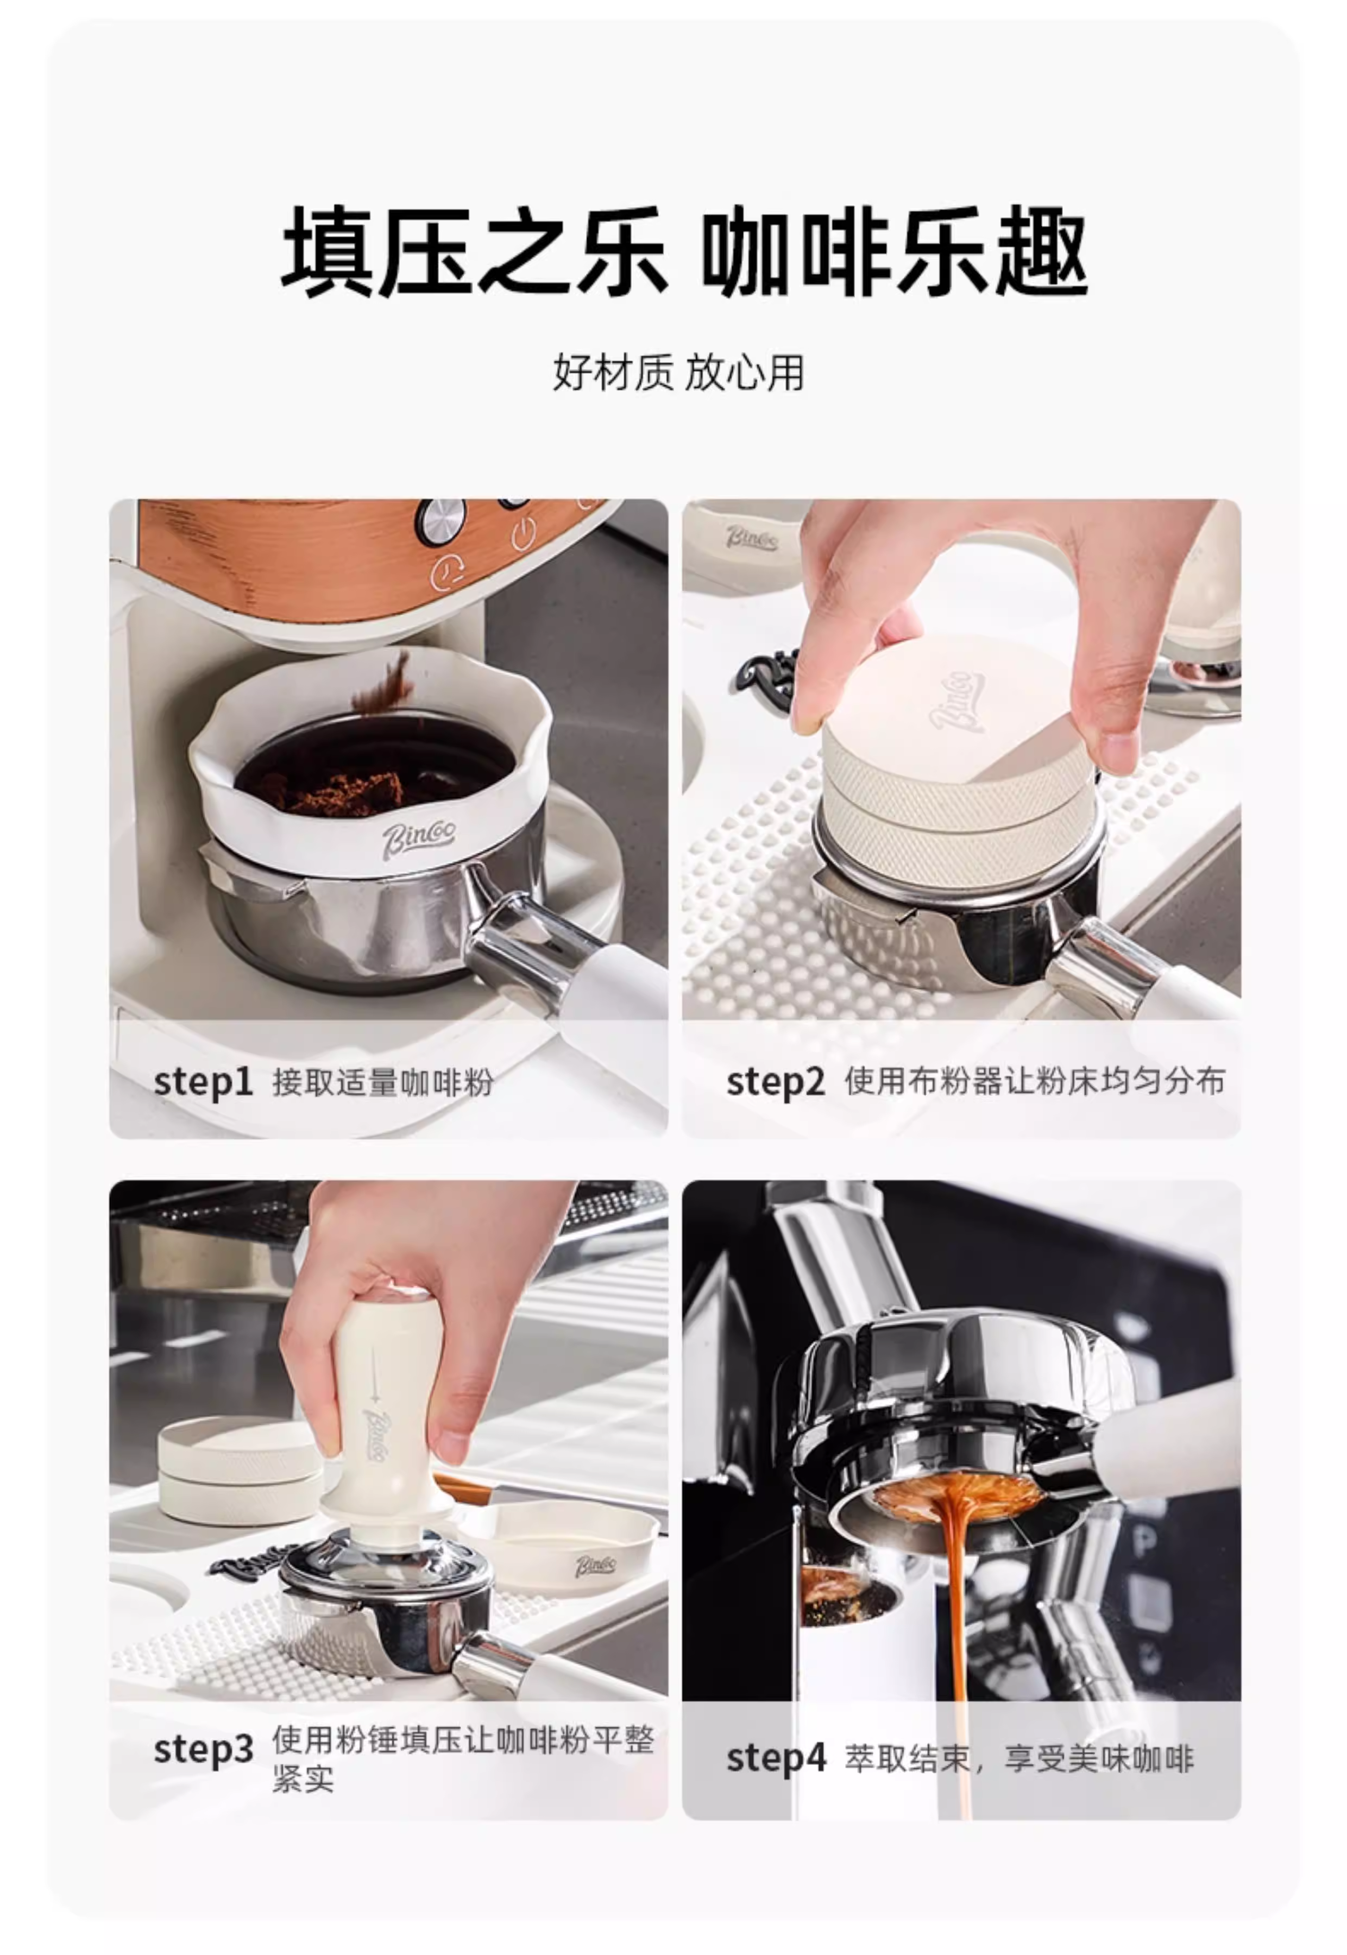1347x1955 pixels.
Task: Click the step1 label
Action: [x=203, y=1082]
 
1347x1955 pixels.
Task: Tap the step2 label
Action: [x=775, y=1082]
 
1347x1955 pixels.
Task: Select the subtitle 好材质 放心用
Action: [x=678, y=372]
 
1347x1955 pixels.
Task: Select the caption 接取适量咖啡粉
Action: [x=382, y=1082]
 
